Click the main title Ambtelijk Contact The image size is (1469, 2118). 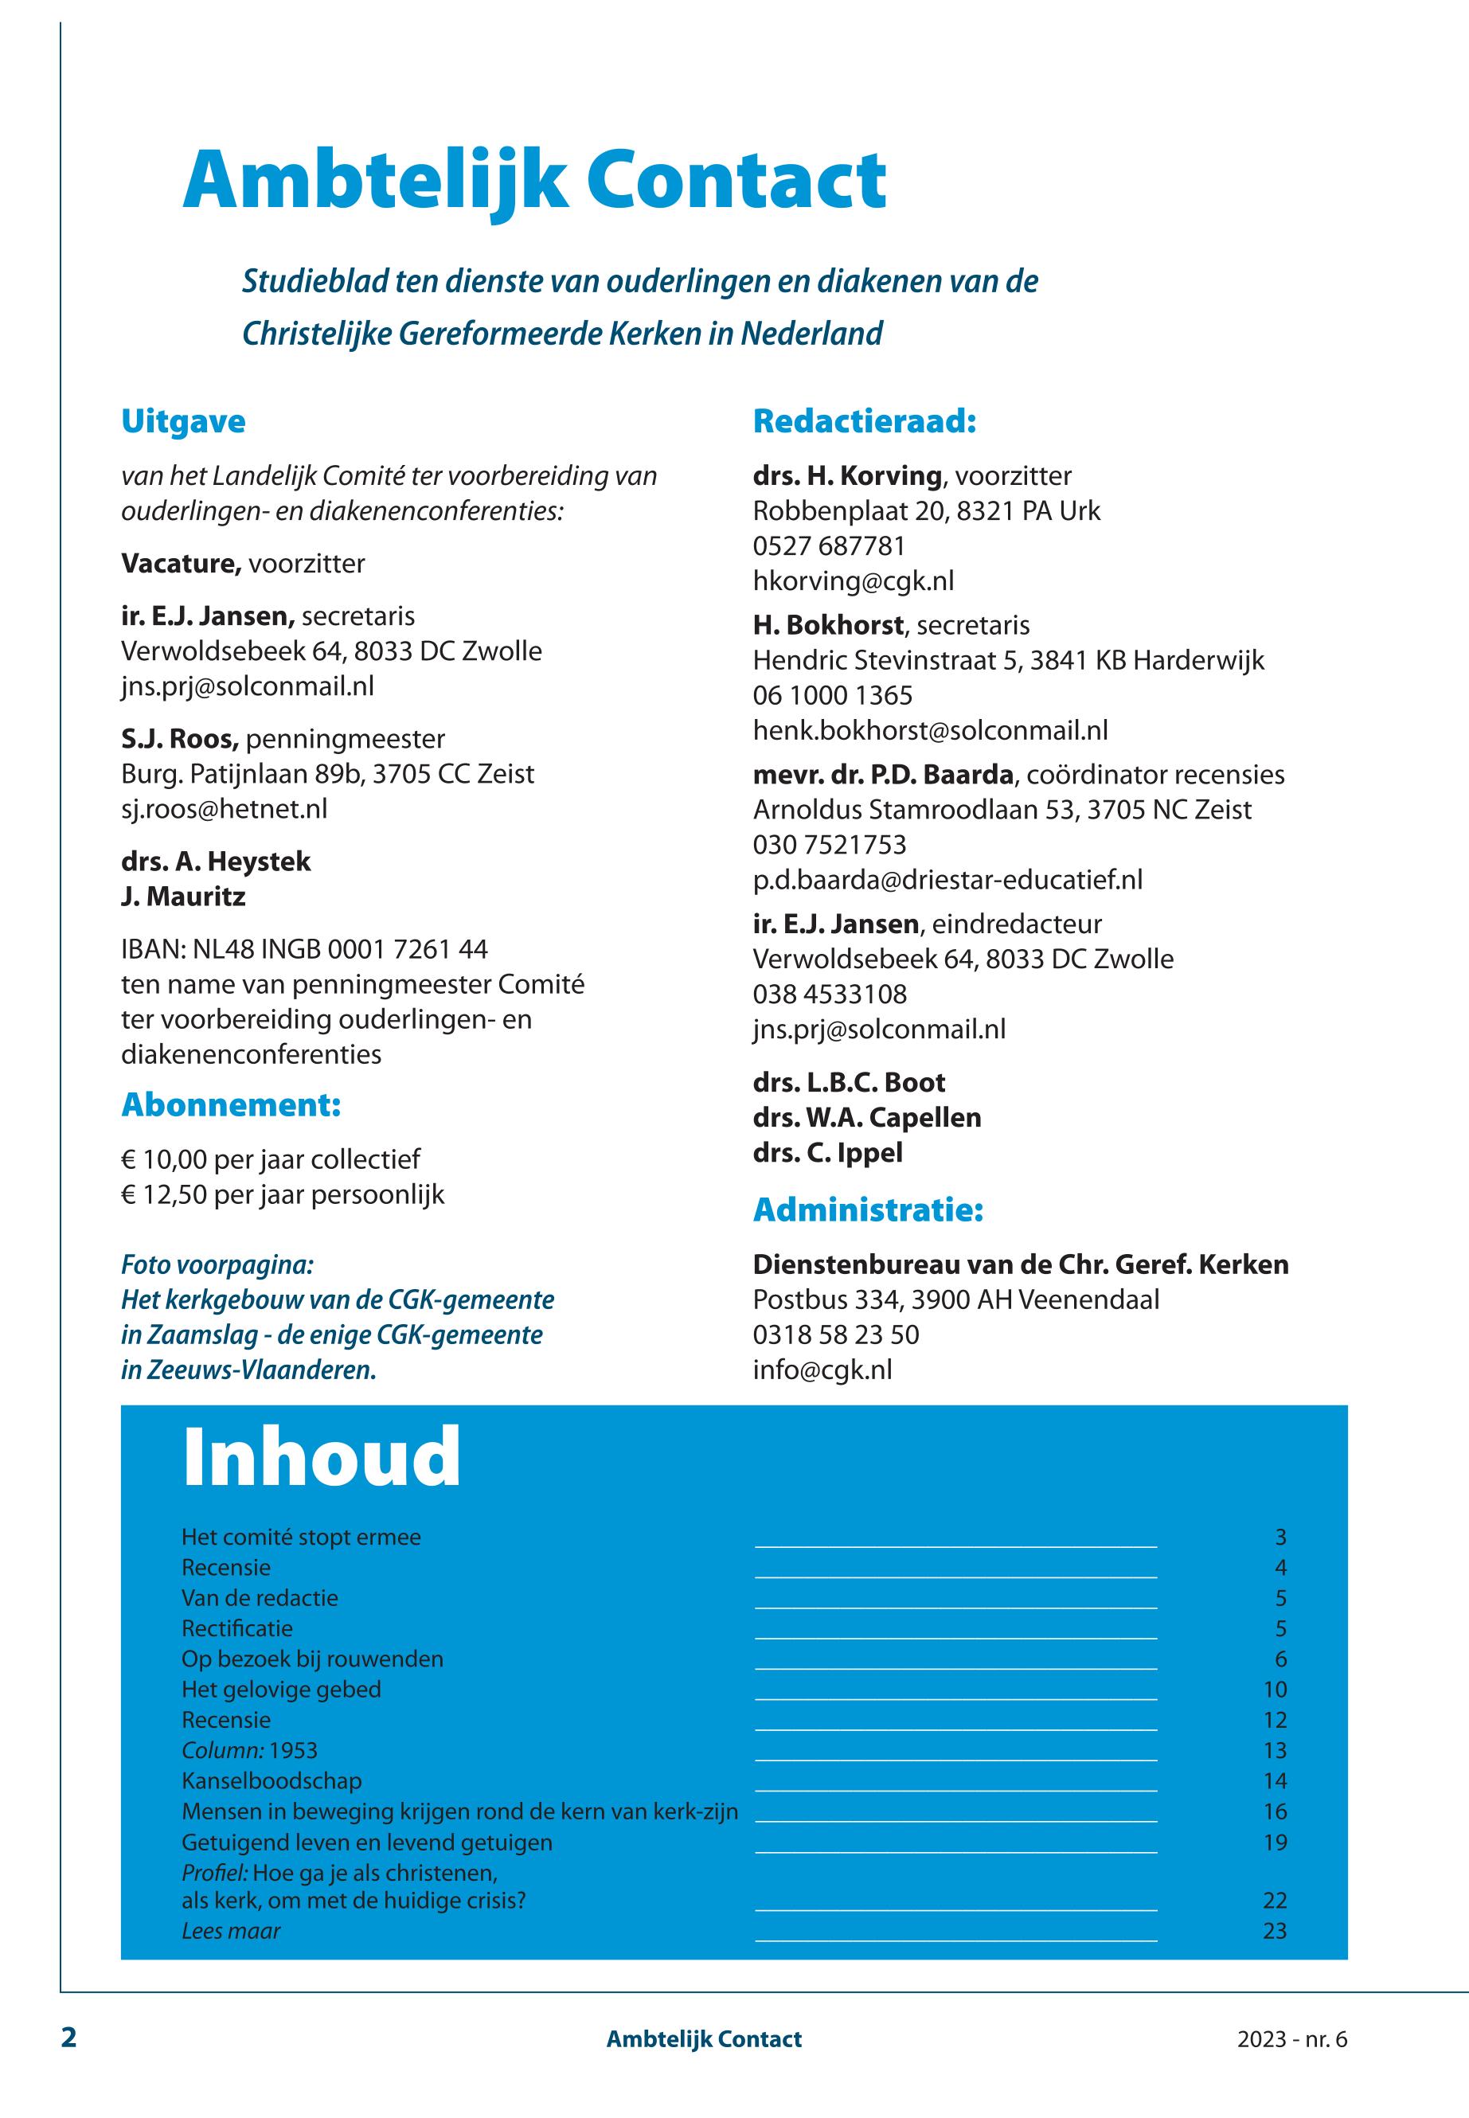(x=533, y=182)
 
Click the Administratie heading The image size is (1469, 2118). (x=868, y=1209)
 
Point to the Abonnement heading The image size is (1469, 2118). (x=231, y=1104)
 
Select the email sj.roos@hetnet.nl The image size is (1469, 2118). (x=224, y=809)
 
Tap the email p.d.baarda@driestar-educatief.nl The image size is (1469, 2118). (x=947, y=879)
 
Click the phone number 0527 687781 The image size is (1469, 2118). (x=828, y=546)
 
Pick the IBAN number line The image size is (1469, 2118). (x=305, y=949)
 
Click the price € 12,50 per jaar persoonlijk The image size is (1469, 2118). (x=283, y=1195)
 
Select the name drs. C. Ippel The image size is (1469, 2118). (x=827, y=1152)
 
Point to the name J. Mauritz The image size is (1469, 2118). (x=183, y=897)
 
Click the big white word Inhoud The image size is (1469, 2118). (x=321, y=1458)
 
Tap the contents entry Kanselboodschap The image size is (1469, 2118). (x=272, y=1781)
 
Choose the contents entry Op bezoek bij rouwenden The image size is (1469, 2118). (x=312, y=1659)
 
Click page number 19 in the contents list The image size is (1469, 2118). (x=1274, y=1843)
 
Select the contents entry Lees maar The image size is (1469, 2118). (x=231, y=1931)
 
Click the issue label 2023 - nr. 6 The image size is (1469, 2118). (x=1291, y=2039)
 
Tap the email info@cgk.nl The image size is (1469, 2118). (x=822, y=1370)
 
